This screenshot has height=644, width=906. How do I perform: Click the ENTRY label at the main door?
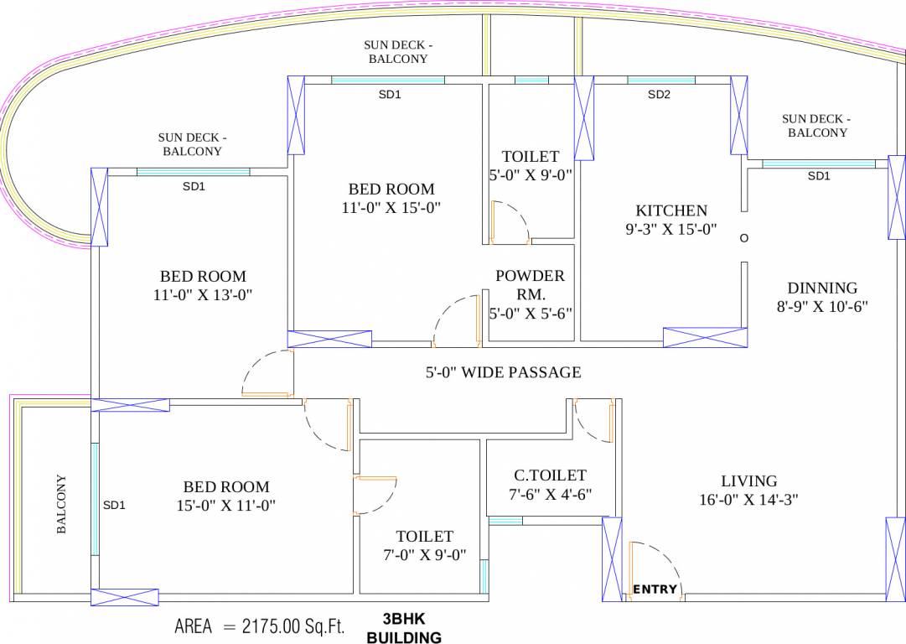coord(655,589)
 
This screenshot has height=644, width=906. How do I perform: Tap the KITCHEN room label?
coord(671,210)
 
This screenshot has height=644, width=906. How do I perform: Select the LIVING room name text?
coord(749,480)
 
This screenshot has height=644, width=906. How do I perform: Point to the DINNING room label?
coord(821,288)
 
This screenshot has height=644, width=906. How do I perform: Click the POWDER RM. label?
coord(530,284)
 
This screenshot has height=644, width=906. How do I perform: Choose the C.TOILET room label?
coord(550,475)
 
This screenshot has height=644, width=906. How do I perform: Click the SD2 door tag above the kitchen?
coord(660,95)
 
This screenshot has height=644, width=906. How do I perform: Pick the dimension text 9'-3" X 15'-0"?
coord(671,229)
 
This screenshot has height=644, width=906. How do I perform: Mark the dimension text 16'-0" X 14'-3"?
coord(749,500)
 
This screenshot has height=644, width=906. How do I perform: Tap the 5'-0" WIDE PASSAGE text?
coord(503,372)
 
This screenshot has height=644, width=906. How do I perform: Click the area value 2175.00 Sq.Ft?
coord(293,626)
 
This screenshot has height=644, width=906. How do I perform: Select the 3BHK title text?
coord(404,620)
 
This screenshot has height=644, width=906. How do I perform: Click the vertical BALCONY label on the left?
coord(61,505)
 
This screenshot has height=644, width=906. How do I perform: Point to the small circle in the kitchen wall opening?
coord(743,238)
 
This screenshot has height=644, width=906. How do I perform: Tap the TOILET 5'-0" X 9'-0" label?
coord(530,166)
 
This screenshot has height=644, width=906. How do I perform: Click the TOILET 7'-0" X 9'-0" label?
coord(425,545)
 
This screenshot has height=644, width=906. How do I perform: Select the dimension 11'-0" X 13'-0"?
coord(203,294)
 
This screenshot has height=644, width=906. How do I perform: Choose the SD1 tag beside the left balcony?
coord(114,505)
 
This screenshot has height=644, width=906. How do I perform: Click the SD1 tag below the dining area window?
coord(818,176)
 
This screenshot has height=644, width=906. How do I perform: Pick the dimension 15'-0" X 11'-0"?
coord(226,505)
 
